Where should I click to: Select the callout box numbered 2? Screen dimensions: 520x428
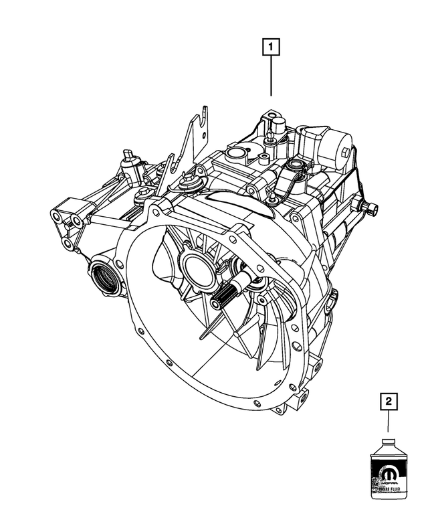point(389,403)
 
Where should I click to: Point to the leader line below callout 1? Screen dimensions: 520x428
point(271,77)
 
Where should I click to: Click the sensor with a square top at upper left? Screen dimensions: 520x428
point(128,161)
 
